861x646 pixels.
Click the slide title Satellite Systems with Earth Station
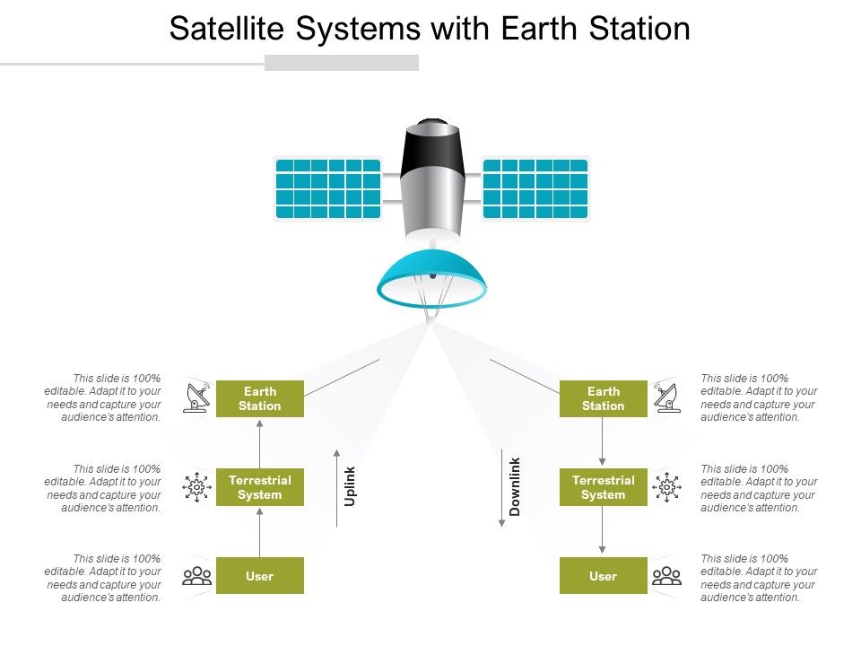click(430, 29)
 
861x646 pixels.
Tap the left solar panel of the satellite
click(327, 188)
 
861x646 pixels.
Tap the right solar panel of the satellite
click(535, 188)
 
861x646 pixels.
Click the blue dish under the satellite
click(432, 280)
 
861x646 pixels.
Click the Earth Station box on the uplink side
click(260, 398)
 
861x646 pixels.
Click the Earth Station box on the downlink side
click(604, 398)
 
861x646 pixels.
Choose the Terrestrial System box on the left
click(260, 487)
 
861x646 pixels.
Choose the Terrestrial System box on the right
click(604, 487)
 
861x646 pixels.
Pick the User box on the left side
click(260, 576)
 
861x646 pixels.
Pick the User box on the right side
click(604, 576)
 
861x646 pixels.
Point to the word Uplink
click(351, 485)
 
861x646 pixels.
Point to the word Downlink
click(515, 486)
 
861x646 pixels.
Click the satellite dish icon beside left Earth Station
click(196, 397)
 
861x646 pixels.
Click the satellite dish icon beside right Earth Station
click(666, 397)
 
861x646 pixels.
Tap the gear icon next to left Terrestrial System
click(196, 487)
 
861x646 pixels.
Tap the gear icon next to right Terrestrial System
click(666, 487)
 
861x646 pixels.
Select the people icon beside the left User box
click(196, 575)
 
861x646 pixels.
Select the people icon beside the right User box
click(666, 575)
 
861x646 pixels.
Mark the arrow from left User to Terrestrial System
click(260, 532)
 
